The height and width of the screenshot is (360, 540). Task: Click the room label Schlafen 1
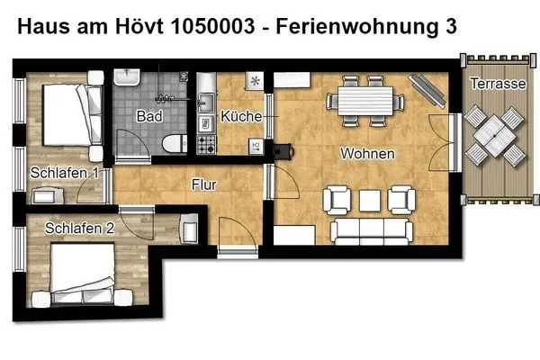(x=64, y=173)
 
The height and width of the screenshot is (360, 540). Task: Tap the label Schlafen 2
(x=79, y=229)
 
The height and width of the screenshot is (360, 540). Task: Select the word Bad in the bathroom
(x=148, y=117)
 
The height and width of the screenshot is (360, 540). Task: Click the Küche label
(x=240, y=117)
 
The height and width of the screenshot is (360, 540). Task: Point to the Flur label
(x=205, y=185)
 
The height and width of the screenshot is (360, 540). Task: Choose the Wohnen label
(x=366, y=154)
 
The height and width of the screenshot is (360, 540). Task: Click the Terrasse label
(x=497, y=84)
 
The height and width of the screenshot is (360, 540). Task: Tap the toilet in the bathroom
(x=172, y=142)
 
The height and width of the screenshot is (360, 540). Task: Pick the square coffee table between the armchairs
(x=368, y=198)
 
